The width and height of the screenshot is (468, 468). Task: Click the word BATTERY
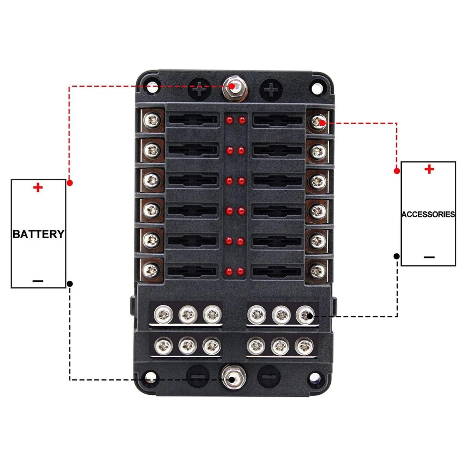point(38,234)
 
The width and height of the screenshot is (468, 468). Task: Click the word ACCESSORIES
point(428,214)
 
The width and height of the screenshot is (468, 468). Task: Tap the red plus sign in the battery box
point(38,188)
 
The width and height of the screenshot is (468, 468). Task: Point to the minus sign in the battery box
point(38,281)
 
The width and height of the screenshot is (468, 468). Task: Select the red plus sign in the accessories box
point(429,169)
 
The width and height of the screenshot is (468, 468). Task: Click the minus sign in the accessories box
point(429,257)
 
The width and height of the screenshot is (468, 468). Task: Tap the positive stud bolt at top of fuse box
point(234,89)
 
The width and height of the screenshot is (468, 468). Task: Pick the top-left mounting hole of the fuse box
point(152,87)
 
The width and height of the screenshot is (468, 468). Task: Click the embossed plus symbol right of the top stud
point(271,90)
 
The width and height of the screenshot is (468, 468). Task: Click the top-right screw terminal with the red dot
point(318,122)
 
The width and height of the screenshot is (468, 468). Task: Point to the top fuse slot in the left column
point(193,120)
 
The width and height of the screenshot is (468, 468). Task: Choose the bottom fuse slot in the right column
point(277,271)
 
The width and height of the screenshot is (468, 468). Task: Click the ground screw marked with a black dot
point(305,315)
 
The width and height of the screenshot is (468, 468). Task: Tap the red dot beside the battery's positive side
point(70,183)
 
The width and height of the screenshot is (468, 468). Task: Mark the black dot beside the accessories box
point(397,256)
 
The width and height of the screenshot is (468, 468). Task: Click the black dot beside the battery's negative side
point(70,284)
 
